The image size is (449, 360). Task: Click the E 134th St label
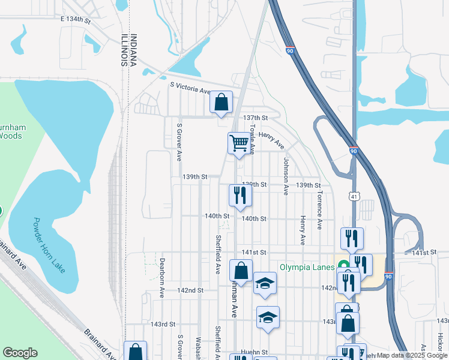[75, 20]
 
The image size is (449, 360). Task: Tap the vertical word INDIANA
[133, 49]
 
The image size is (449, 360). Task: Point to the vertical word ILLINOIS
[124, 49]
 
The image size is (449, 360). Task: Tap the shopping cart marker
[239, 143]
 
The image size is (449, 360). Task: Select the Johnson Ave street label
[286, 176]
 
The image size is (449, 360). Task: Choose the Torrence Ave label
[320, 210]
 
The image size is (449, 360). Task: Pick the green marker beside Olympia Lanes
[343, 265]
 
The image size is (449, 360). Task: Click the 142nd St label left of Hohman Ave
[190, 290]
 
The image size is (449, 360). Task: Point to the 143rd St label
[162, 324]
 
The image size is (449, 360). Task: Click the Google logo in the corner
[20, 353]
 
